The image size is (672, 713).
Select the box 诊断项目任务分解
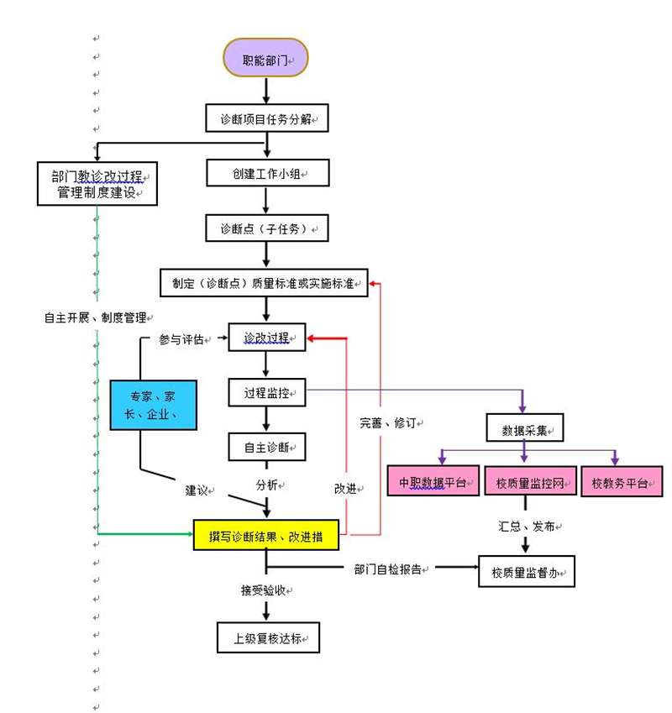point(266,118)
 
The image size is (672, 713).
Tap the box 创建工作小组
point(266,173)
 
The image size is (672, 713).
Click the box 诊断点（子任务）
point(266,228)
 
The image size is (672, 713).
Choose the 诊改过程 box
point(266,338)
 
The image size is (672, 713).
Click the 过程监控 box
point(266,392)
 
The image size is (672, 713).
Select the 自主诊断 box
point(266,447)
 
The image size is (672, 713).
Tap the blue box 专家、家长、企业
point(153,406)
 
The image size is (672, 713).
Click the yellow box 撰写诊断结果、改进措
point(265,535)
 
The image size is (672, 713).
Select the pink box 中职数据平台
point(433,482)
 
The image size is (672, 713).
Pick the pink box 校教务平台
point(621,482)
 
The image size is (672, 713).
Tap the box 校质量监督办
point(527,573)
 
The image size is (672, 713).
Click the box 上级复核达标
point(269,637)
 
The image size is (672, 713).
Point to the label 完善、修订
point(388,422)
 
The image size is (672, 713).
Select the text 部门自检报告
point(390,569)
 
